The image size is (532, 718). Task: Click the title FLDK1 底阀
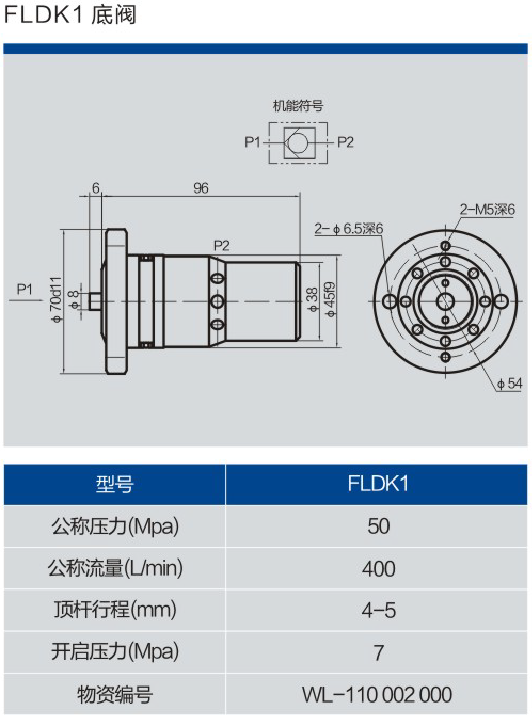70,14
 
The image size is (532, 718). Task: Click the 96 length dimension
201,188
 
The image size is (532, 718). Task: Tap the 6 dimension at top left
96,188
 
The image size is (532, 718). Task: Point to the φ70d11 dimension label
56,299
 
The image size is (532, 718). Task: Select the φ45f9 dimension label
330,299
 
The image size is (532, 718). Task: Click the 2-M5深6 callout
487,209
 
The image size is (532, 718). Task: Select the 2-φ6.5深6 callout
348,229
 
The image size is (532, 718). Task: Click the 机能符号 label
298,106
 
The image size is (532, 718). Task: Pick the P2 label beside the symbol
345,142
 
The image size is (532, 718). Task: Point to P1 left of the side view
25,289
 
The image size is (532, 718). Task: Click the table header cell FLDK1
377,484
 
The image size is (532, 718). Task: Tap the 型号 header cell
115,484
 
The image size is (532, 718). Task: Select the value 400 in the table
378,569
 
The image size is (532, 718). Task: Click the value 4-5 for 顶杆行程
378,610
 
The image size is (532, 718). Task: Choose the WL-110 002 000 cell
377,695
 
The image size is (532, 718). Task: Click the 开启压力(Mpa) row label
115,652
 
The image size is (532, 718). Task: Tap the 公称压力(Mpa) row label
115,526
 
